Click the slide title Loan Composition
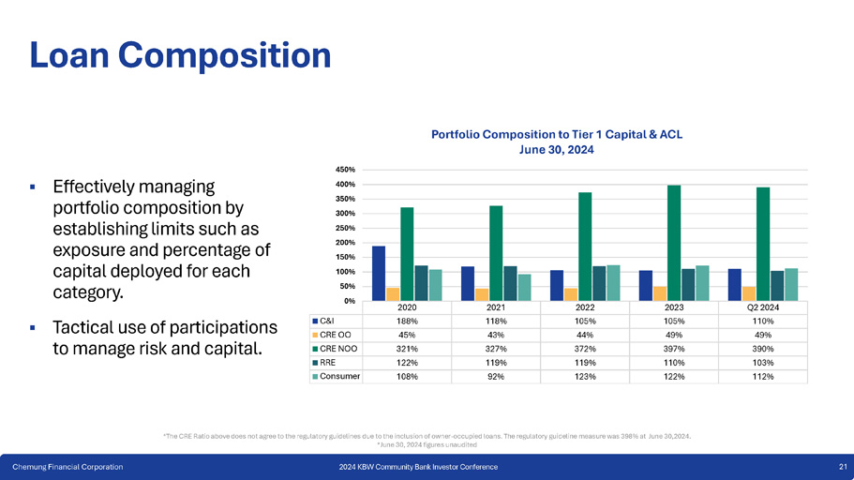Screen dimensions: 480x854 pyautogui.click(x=180, y=54)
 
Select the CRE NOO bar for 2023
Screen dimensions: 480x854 pyautogui.click(x=674, y=243)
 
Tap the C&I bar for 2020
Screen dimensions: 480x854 pyautogui.click(x=379, y=273)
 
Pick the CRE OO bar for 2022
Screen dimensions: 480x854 pyautogui.click(x=570, y=294)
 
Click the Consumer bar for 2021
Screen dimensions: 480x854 pyautogui.click(x=524, y=287)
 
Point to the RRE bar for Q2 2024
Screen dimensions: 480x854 pyautogui.click(x=776, y=285)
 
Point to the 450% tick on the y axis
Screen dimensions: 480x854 pyautogui.click(x=346, y=170)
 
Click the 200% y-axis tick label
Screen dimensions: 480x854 pyautogui.click(x=346, y=243)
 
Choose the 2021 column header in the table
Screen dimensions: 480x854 pyautogui.click(x=496, y=307)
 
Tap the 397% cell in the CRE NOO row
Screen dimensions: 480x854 pyautogui.click(x=674, y=348)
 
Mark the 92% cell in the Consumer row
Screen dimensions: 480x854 pyautogui.click(x=496, y=376)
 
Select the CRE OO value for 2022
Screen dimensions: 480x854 pyautogui.click(x=585, y=334)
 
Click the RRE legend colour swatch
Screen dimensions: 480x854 pyautogui.click(x=315, y=362)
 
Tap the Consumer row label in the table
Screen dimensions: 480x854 pyautogui.click(x=339, y=376)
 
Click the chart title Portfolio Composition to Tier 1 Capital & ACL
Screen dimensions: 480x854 pyautogui.click(x=557, y=134)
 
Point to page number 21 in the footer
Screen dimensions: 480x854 pyautogui.click(x=843, y=467)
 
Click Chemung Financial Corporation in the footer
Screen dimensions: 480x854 pyautogui.click(x=67, y=467)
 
